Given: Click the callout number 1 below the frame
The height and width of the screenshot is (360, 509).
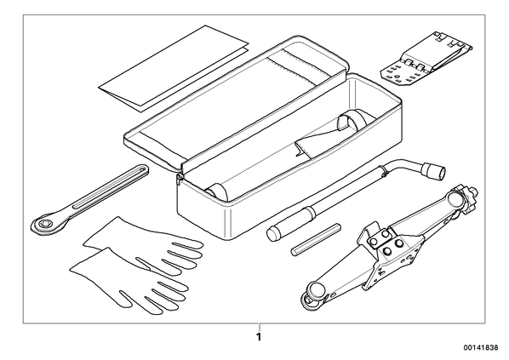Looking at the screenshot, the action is coord(259,337).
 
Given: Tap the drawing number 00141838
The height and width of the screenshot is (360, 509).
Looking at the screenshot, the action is coord(481,348).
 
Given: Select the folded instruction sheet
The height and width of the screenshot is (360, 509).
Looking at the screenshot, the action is coord(174,69).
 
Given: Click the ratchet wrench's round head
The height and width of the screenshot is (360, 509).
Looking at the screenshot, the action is coord(44,224).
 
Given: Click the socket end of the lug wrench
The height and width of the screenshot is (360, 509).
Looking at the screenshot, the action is coord(433,171).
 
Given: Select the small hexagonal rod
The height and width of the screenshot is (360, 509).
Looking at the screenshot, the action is coord(316,239).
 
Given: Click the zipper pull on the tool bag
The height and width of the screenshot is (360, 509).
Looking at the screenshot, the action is coord(180,178).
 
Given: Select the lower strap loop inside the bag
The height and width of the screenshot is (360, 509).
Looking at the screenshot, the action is coord(218,192).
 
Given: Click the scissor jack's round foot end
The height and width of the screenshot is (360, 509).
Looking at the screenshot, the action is coord(313,293).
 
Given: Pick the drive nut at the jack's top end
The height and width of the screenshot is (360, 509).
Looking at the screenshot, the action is coord(466,198).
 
